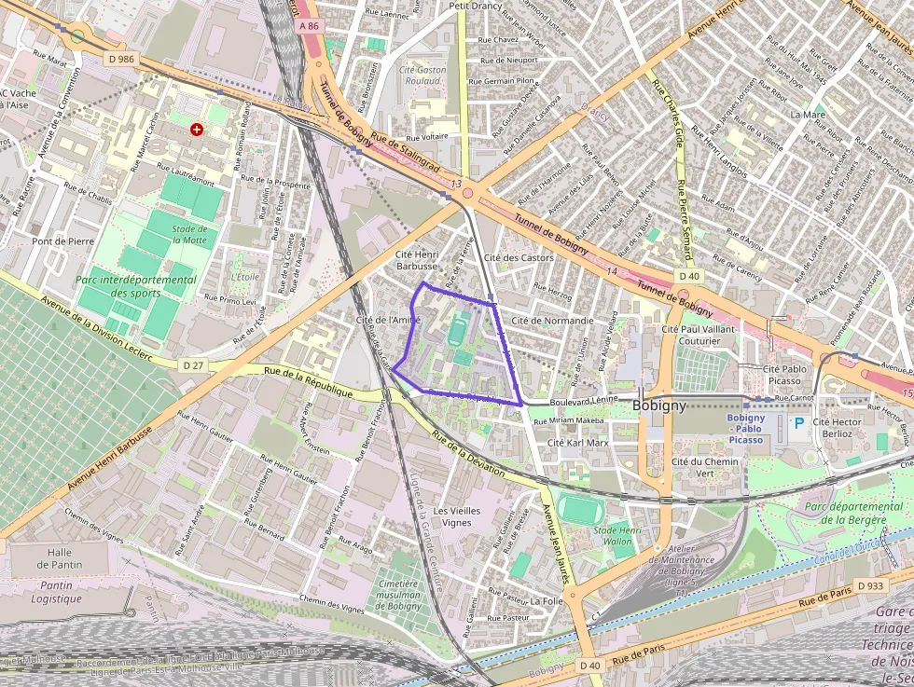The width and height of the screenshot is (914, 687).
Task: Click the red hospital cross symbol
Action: pos(196,130)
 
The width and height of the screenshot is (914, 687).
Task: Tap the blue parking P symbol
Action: pos(798,423)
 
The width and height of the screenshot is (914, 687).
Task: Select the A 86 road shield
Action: pos(310,26)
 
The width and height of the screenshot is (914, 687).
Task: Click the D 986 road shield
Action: pos(121,59)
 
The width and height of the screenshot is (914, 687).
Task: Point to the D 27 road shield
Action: pos(193,365)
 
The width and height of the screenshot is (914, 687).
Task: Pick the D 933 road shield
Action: pos(868,585)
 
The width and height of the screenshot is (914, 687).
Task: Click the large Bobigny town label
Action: pos(659,405)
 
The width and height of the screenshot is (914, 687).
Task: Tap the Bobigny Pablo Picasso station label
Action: pos(745,429)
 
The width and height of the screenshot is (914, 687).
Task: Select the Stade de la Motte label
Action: pos(189,234)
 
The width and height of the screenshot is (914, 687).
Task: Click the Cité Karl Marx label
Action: pos(577,443)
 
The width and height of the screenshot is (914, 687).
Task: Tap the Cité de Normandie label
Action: pos(553,321)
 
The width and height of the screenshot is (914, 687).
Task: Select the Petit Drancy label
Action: pos(476,6)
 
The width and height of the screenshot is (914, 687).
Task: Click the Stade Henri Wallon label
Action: pos(618,535)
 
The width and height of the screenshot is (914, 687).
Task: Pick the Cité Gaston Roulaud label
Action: pos(422,76)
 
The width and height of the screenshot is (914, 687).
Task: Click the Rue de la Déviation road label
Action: pos(468,453)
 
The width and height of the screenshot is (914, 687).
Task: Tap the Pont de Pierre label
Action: pos(63,240)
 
